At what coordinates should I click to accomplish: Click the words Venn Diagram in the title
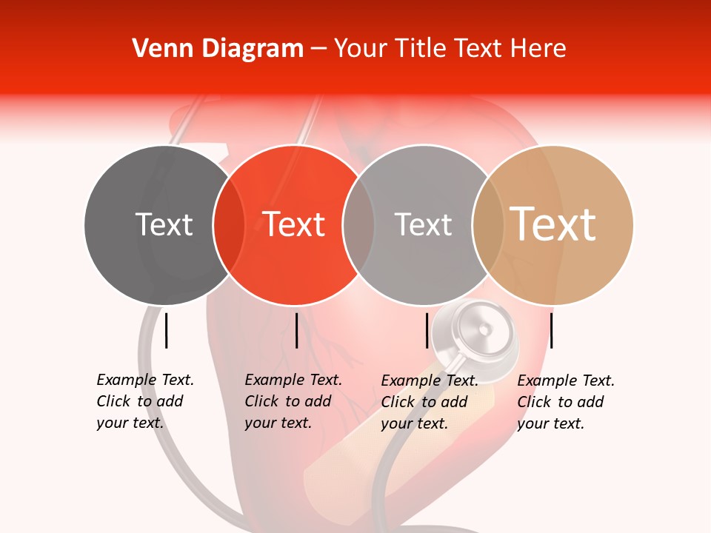pyautogui.click(x=218, y=49)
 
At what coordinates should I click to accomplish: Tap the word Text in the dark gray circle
pyautogui.click(x=164, y=224)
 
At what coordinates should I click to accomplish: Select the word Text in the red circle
pyautogui.click(x=294, y=224)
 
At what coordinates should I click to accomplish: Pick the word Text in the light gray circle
pyautogui.click(x=423, y=224)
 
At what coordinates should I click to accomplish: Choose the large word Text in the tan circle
pyautogui.click(x=553, y=224)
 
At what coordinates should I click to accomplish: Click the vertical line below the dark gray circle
pyautogui.click(x=166, y=330)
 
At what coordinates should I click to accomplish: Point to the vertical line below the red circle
pyautogui.click(x=296, y=330)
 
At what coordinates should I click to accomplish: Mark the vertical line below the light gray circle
pyautogui.click(x=427, y=330)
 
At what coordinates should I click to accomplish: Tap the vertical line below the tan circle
pyautogui.click(x=552, y=330)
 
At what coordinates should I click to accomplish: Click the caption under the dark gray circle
pyautogui.click(x=145, y=401)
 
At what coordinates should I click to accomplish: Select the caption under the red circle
pyautogui.click(x=293, y=401)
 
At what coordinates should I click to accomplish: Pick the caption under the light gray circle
pyautogui.click(x=430, y=402)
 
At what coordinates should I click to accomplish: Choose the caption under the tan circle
pyautogui.click(x=566, y=402)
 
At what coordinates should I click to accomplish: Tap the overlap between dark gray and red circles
pyautogui.click(x=229, y=224)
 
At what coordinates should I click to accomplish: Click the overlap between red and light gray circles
pyautogui.click(x=358, y=224)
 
